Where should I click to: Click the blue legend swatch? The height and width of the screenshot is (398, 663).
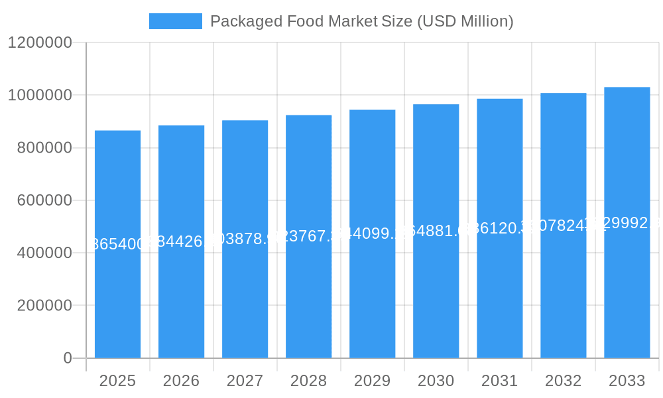[x=175, y=21]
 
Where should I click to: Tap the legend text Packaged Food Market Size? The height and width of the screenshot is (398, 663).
[x=361, y=21]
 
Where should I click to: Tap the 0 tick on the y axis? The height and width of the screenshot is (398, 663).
[x=67, y=358]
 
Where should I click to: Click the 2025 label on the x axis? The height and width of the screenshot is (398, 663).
[x=117, y=381]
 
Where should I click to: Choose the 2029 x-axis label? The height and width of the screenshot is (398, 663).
[x=372, y=381]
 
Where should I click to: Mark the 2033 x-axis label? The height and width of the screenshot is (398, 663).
[x=627, y=381]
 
